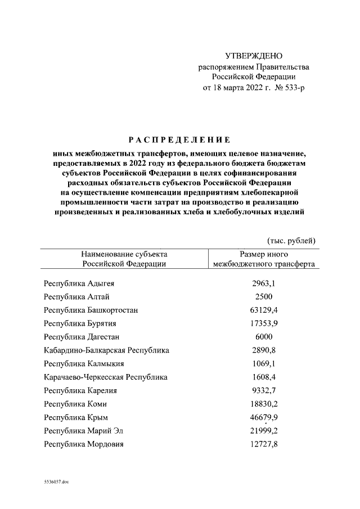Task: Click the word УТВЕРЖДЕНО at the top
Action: point(254,56)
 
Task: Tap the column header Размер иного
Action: point(263,254)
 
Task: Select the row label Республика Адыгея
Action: point(83,283)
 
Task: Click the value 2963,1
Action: point(263,283)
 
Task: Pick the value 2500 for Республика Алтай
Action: point(263,297)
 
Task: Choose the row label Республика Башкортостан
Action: point(91,310)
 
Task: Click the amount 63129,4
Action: point(263,310)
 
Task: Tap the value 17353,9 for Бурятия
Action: point(263,324)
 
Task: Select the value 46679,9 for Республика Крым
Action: point(263,417)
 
